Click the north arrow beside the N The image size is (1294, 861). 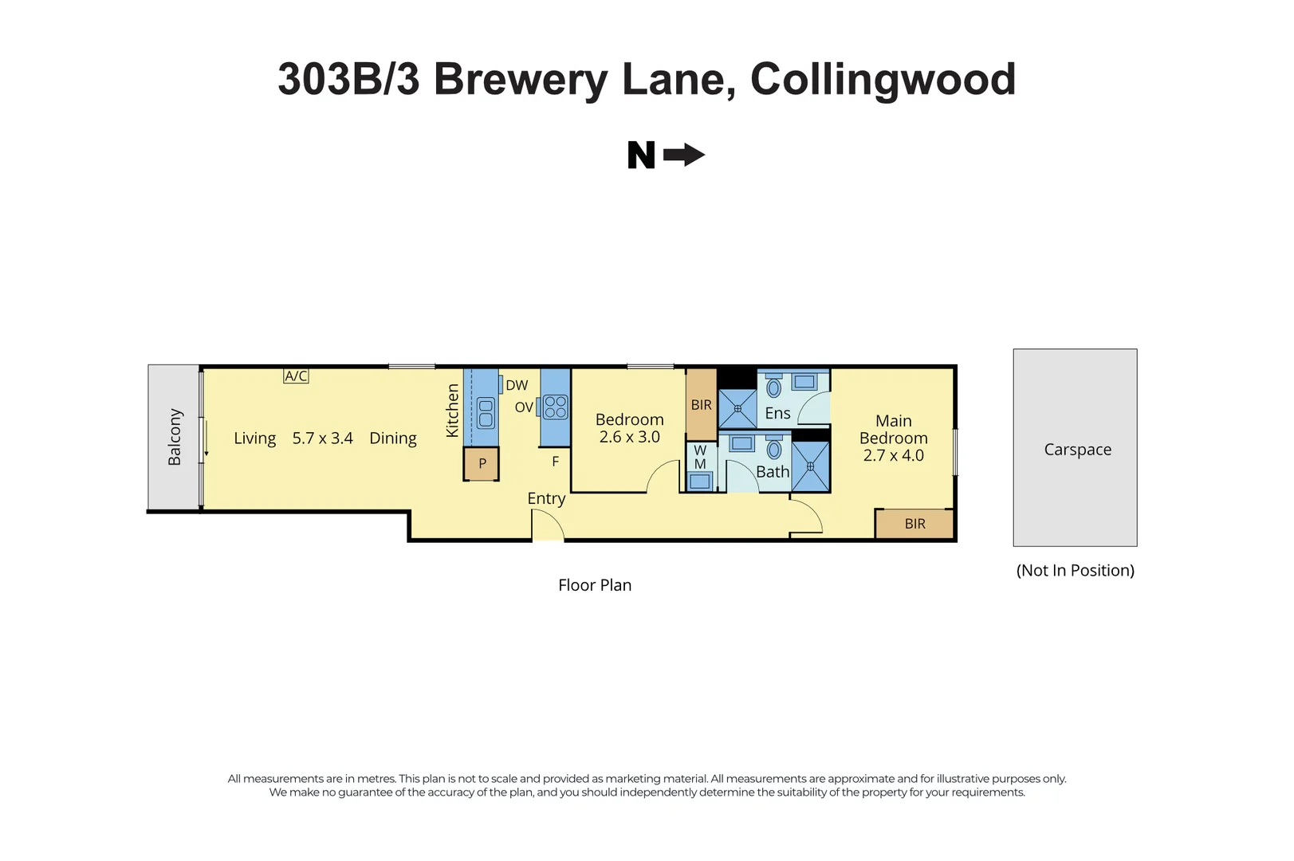tap(684, 155)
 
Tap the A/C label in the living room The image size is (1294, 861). tap(296, 376)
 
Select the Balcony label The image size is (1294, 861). tap(175, 437)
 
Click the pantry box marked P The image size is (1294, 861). tap(482, 463)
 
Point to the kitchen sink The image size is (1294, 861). tap(486, 412)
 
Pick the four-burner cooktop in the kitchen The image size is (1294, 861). tap(555, 406)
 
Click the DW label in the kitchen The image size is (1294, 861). tap(517, 385)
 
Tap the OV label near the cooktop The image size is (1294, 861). tap(524, 407)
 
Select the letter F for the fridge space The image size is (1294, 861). tap(556, 462)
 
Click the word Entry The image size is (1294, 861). tap(546, 499)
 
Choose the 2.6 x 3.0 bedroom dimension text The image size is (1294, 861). tap(630, 437)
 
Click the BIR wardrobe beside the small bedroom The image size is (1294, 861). tap(702, 404)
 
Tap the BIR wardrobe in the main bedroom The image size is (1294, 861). tap(914, 524)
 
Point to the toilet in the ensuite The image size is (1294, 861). tap(773, 385)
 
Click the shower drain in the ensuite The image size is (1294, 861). tap(737, 409)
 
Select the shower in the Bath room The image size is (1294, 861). tap(811, 466)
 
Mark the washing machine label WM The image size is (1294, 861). tap(700, 457)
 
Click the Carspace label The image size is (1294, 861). tap(1077, 450)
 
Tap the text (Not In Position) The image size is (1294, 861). tap(1075, 571)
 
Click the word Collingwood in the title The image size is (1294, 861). tap(883, 79)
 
